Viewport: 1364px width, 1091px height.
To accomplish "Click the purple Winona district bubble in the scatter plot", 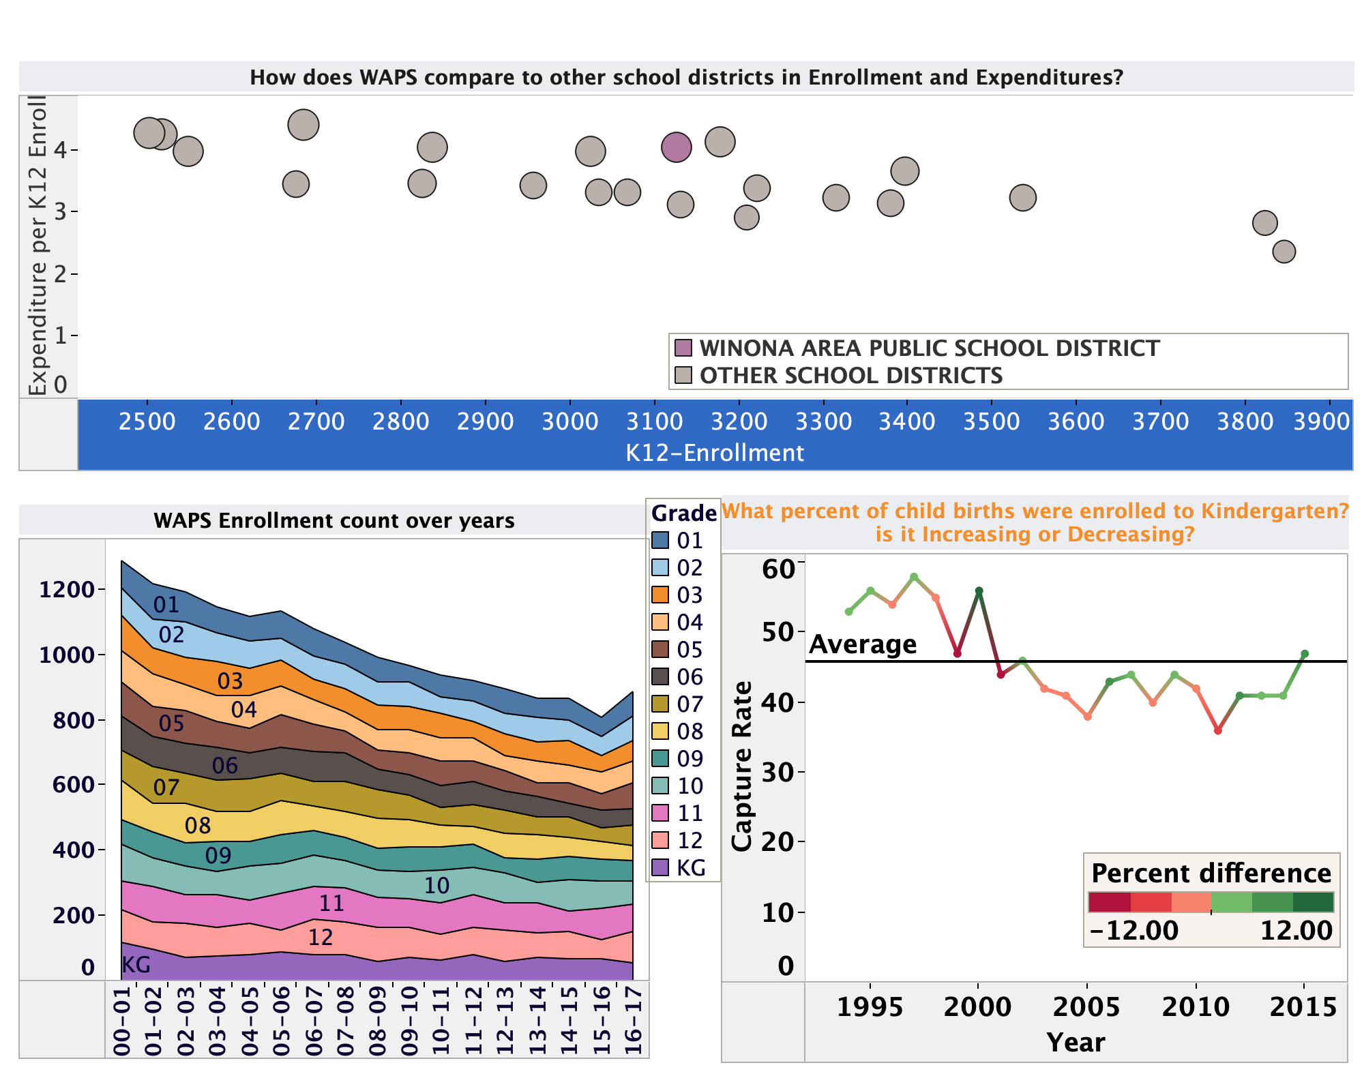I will (x=676, y=147).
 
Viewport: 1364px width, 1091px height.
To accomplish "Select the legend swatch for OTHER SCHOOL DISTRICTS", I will (x=683, y=376).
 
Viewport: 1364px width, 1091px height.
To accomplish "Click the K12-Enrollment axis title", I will (x=715, y=453).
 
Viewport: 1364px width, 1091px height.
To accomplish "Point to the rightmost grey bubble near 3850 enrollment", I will (x=1284, y=252).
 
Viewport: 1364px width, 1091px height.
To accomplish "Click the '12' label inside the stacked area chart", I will (x=321, y=938).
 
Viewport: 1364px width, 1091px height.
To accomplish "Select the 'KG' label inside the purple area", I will (x=136, y=964).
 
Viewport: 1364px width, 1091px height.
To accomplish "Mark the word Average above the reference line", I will (x=863, y=644).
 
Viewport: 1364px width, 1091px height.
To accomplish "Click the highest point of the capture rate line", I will (x=914, y=577).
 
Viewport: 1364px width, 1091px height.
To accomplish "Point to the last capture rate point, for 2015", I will (x=1304, y=654).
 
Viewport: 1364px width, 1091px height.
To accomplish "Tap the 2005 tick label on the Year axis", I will (x=1087, y=1006).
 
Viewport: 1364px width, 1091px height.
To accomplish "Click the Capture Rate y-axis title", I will (x=741, y=765).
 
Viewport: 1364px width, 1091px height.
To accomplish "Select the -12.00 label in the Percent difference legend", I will (x=1133, y=930).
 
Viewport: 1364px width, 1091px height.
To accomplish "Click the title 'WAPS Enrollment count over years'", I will (x=334, y=521).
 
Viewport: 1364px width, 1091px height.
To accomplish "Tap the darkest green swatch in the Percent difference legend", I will (x=1313, y=902).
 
